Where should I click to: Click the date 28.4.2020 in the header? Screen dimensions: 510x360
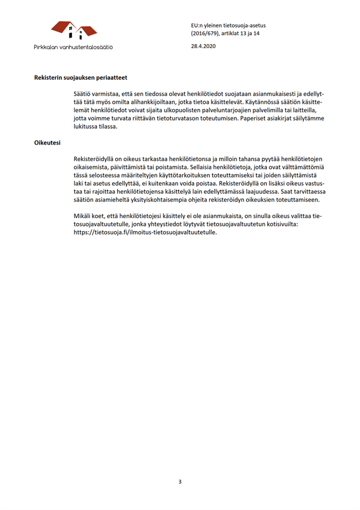203,46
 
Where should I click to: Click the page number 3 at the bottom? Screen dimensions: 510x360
180,482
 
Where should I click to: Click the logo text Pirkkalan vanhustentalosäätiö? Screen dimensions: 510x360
74,46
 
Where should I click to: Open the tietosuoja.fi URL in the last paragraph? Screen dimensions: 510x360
146,233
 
